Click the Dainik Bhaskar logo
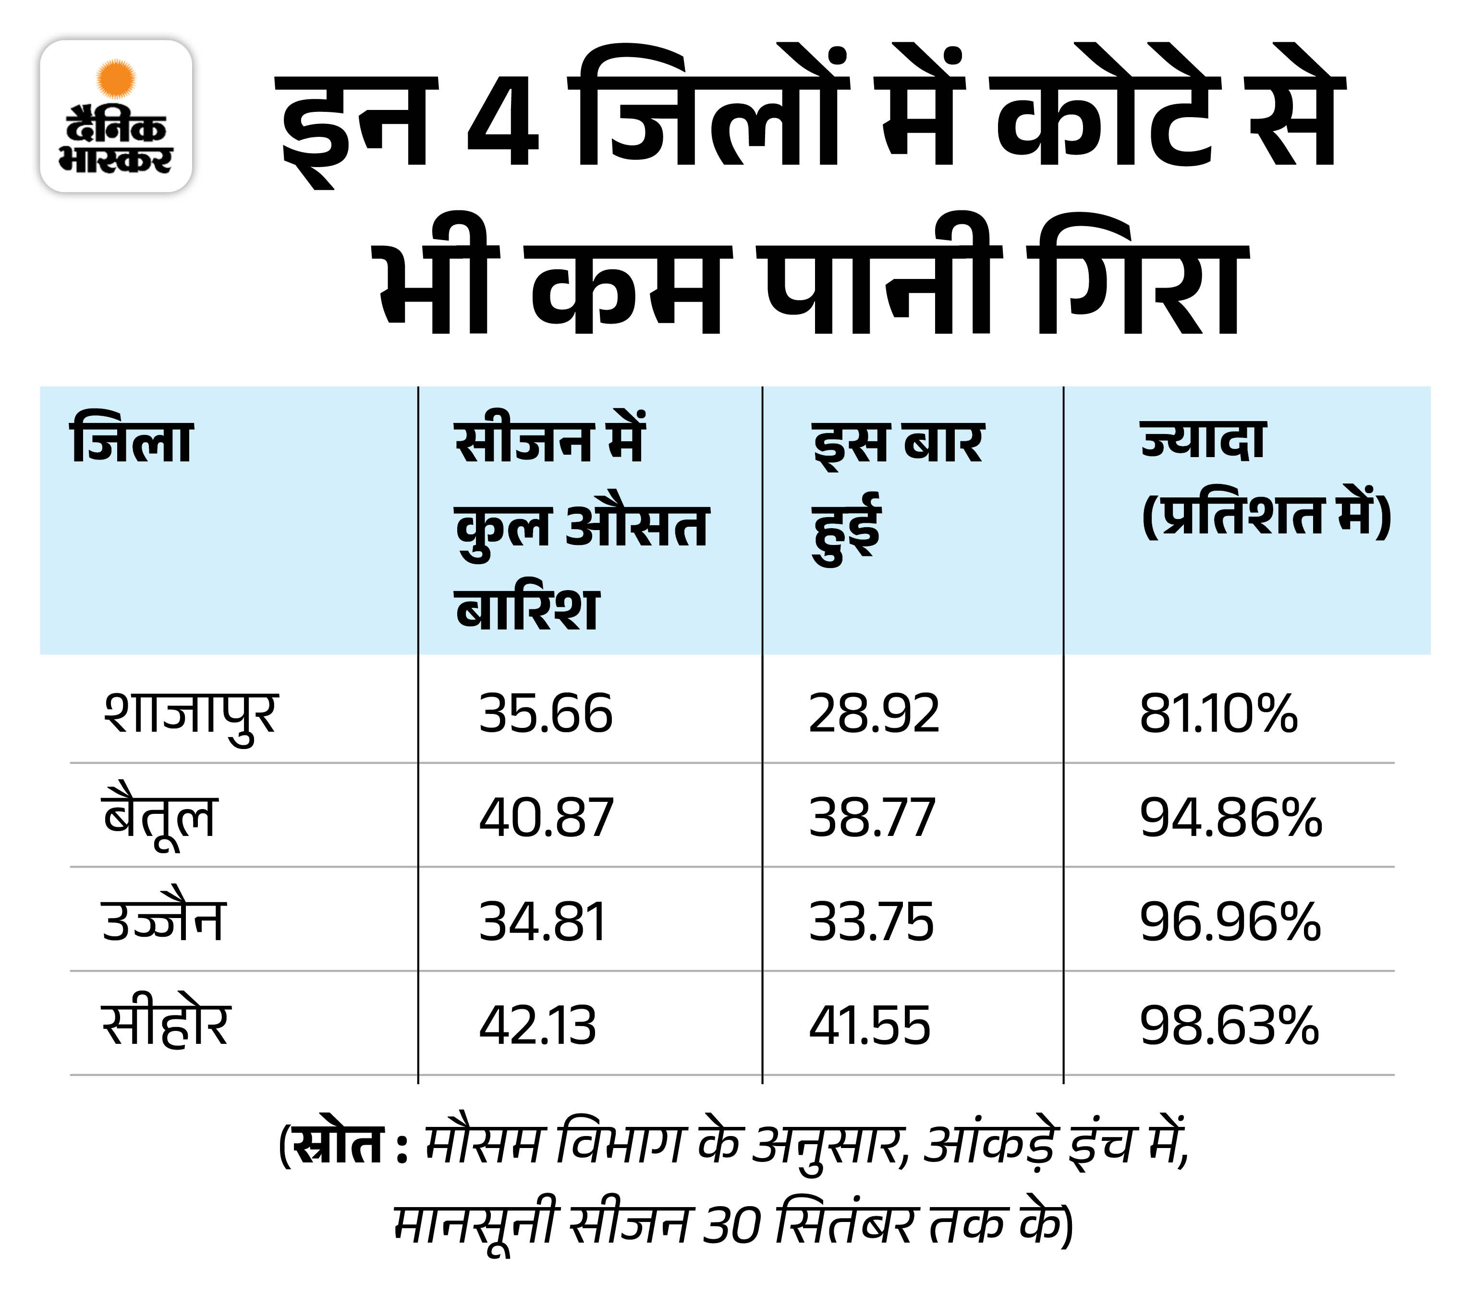pyautogui.click(x=116, y=116)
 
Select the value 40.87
pyautogui.click(x=546, y=818)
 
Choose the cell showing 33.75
pyautogui.click(x=871, y=922)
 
